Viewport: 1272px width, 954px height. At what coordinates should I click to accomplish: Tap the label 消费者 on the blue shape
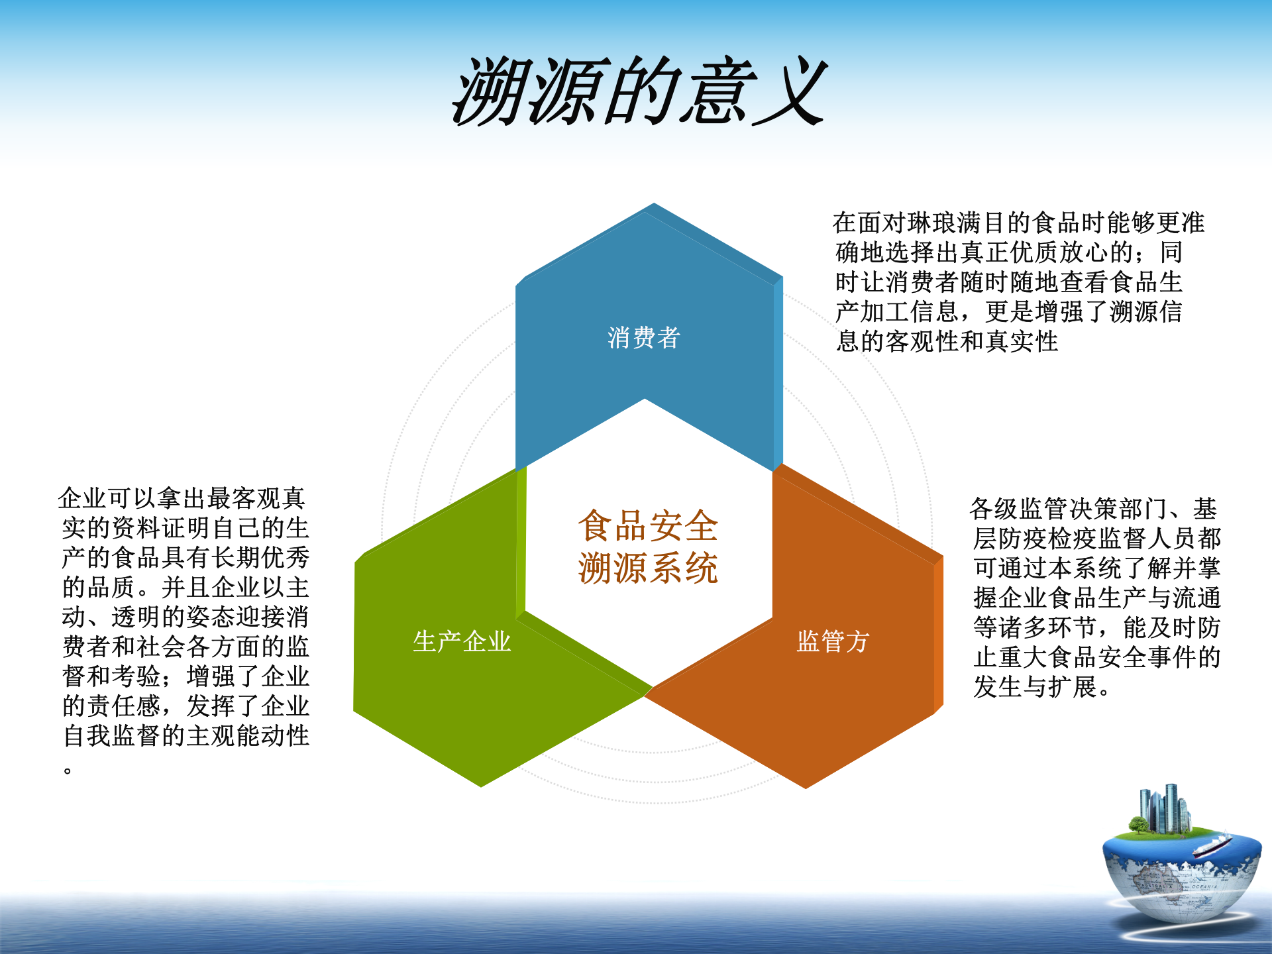[x=644, y=338]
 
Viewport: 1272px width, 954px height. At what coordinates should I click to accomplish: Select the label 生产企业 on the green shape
[x=462, y=641]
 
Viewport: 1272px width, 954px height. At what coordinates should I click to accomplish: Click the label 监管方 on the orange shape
[x=833, y=641]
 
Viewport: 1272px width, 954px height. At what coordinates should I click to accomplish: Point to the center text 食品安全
[x=648, y=526]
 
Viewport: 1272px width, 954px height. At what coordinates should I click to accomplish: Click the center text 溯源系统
[x=648, y=568]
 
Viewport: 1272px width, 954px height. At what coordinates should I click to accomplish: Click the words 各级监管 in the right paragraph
[x=1020, y=509]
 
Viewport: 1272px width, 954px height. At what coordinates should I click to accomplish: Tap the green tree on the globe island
[x=1138, y=825]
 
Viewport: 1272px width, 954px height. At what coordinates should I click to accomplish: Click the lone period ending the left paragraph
[x=68, y=770]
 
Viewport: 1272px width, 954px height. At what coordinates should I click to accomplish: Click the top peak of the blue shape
[x=653, y=205]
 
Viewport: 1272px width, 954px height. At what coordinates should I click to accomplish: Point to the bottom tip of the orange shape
[x=806, y=786]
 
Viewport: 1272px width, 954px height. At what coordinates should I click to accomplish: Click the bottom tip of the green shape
[x=482, y=785]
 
